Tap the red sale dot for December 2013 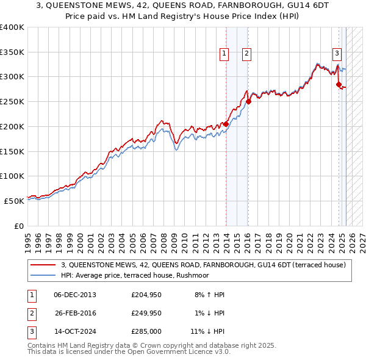pyautogui.click(x=226, y=124)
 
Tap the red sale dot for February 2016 pyautogui.click(x=248, y=102)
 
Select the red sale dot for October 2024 pyautogui.click(x=339, y=84)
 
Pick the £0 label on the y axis pyautogui.click(x=18, y=226)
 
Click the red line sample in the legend pyautogui.click(x=43, y=265)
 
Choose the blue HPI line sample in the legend pyautogui.click(x=43, y=275)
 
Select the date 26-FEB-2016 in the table pyautogui.click(x=75, y=313)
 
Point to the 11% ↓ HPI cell pyautogui.click(x=207, y=332)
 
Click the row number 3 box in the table pyautogui.click(x=30, y=332)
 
